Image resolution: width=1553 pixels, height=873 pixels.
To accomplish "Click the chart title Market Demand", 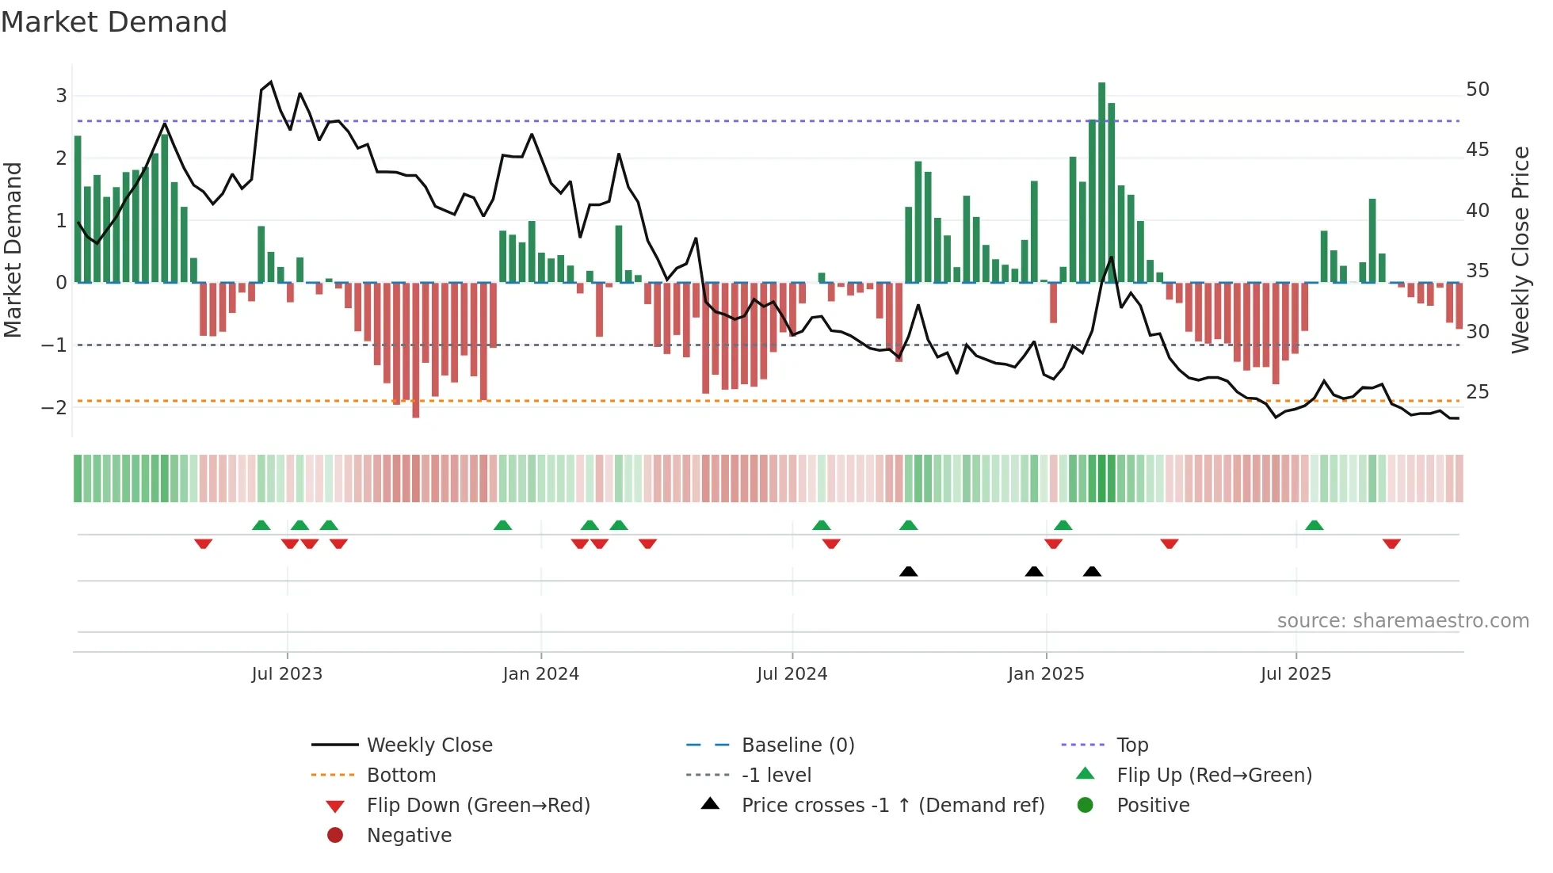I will [x=114, y=22].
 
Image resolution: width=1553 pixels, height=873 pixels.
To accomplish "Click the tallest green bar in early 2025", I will [x=1101, y=182].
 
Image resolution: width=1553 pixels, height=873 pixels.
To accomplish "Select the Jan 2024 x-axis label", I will [x=540, y=674].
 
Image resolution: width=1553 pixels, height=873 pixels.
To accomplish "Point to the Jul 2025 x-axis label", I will [x=1295, y=674].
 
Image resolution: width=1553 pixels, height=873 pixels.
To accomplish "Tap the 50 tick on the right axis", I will [x=1477, y=90].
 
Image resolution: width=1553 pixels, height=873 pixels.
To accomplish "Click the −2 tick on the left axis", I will [x=55, y=408].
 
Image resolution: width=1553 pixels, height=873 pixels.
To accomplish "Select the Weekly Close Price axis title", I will [x=1520, y=250].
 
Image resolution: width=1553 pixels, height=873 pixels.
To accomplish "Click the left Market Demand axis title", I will [x=13, y=250].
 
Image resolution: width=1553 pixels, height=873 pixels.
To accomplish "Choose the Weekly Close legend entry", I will [x=429, y=745].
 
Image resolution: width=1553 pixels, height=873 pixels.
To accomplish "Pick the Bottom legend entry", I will [x=401, y=776].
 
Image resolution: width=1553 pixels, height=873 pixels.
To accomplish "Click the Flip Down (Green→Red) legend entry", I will [x=478, y=806].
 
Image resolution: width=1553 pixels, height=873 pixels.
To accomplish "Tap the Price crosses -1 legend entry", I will [x=892, y=806].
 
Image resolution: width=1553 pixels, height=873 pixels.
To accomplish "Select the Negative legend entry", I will [x=409, y=836].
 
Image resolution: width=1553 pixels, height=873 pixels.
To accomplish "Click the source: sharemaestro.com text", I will [x=1402, y=621].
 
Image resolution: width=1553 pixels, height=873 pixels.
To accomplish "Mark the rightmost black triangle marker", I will [x=1092, y=572].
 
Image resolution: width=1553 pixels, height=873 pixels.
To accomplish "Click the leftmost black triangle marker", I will [x=908, y=572].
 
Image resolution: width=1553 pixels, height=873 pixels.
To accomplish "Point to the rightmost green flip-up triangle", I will [x=1314, y=525].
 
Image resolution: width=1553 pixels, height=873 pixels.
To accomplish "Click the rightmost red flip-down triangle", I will [x=1391, y=543].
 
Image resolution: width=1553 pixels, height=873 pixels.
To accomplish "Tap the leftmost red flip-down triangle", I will [x=203, y=543].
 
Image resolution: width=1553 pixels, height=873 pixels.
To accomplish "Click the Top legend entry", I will [x=1131, y=745].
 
